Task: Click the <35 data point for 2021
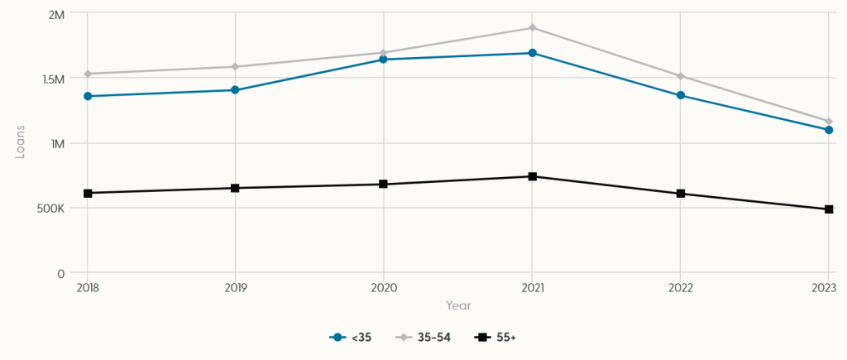click(532, 53)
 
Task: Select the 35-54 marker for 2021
click(532, 28)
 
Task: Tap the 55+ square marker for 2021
click(532, 176)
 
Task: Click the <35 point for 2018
click(88, 96)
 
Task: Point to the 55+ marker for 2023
click(828, 209)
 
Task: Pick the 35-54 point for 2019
click(236, 67)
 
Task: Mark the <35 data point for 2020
click(384, 60)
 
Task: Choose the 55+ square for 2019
click(236, 188)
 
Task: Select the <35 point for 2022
click(680, 95)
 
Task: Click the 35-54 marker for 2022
click(680, 76)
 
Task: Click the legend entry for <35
click(351, 338)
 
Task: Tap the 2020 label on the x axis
click(384, 288)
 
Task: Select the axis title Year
click(458, 305)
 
